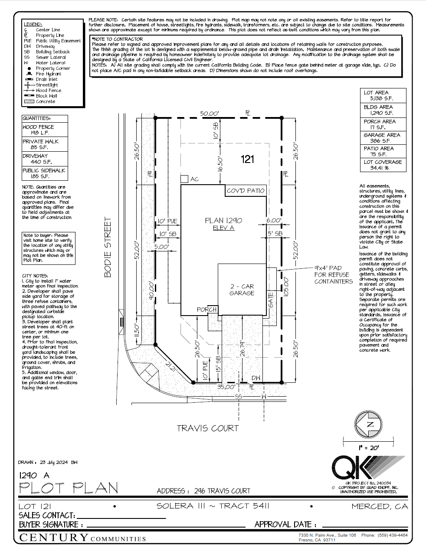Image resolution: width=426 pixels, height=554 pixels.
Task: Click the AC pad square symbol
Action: [184, 179]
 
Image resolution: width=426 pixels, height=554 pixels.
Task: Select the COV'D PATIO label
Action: [246, 191]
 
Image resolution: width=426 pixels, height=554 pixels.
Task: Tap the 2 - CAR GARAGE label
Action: [242, 290]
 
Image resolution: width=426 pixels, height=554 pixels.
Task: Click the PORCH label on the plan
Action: [206, 310]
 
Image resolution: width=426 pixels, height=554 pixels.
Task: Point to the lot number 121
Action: [247, 160]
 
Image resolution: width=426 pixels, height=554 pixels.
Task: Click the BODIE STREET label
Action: [108, 247]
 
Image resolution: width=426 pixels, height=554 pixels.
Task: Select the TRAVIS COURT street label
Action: [207, 428]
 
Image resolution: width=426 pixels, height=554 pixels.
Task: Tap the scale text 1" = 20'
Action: [369, 447]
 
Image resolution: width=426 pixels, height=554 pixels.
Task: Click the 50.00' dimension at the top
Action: [209, 114]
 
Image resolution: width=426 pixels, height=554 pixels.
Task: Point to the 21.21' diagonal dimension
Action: [171, 366]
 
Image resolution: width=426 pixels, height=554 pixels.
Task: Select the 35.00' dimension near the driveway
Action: [226, 387]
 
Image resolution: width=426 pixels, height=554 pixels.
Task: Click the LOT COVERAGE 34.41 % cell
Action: [383, 165]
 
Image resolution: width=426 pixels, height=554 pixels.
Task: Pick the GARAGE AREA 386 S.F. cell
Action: [383, 138]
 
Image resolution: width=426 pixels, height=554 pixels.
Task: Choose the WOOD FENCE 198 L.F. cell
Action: [45, 130]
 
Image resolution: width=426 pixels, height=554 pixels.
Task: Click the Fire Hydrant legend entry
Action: [48, 74]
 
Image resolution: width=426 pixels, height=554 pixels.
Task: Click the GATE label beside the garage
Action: [271, 300]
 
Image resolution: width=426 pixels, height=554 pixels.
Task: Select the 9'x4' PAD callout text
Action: [333, 275]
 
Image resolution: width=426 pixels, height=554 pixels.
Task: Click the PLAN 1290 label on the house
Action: [223, 221]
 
